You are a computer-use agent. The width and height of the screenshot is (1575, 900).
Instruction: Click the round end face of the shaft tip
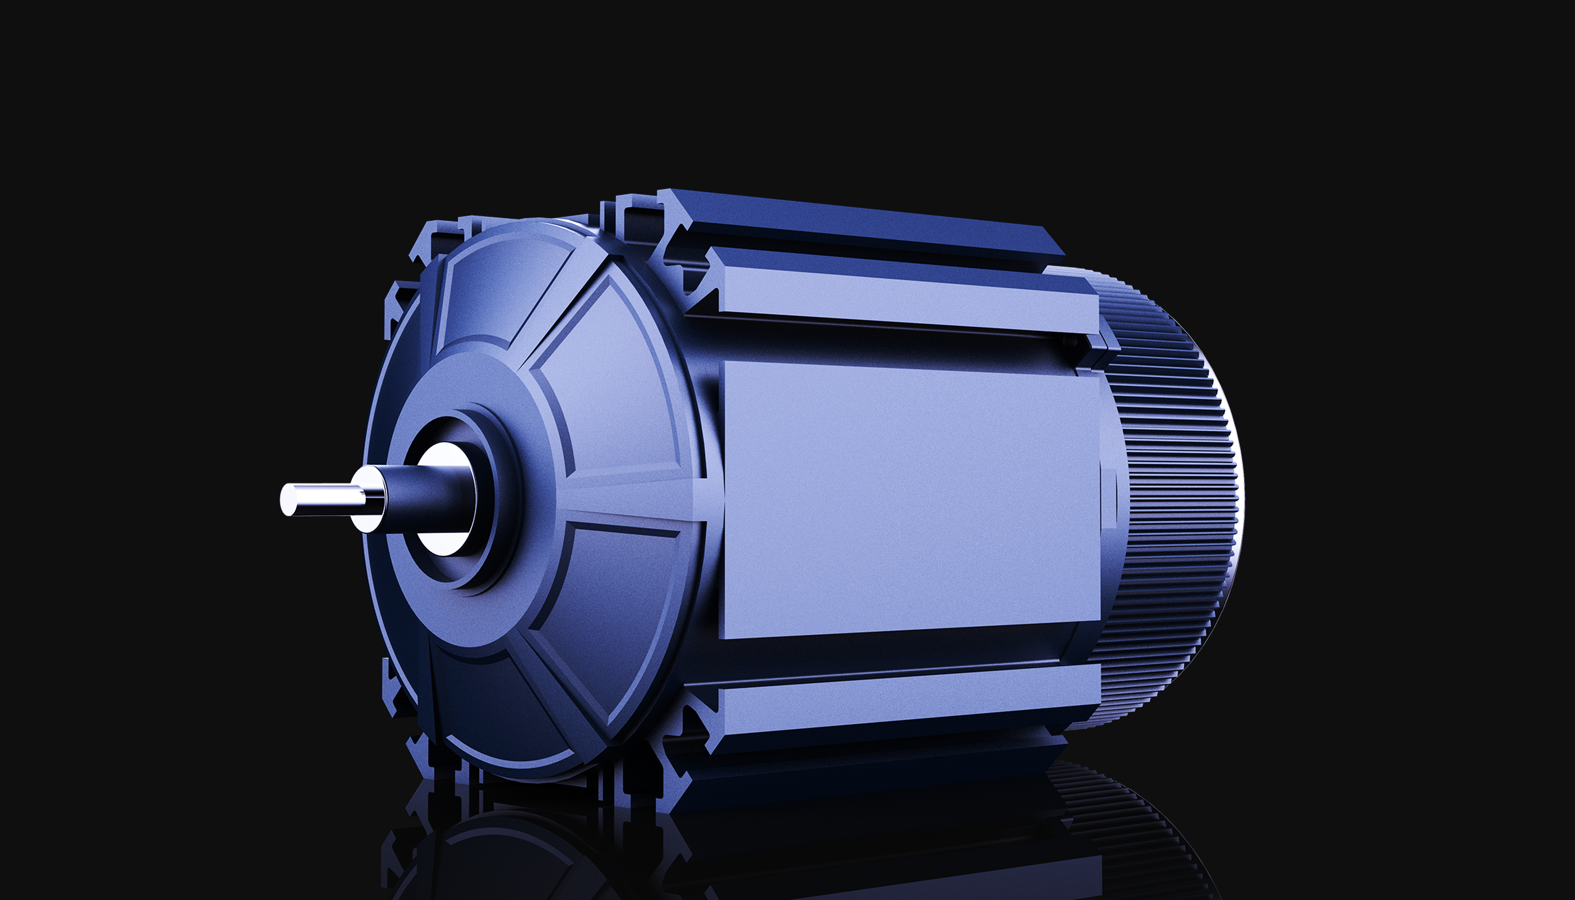point(288,500)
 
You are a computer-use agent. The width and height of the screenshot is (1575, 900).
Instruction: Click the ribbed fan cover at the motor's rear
point(1174,494)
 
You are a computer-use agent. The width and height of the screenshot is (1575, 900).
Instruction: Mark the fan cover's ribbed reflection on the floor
point(1113,822)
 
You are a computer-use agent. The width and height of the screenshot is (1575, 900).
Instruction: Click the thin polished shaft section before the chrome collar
point(328,500)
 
